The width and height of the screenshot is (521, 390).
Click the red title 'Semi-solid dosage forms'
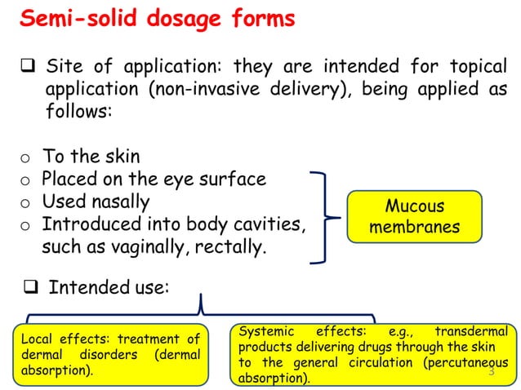157,20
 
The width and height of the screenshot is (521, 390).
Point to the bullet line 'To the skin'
91,157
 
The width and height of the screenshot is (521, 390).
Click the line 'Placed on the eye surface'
154,178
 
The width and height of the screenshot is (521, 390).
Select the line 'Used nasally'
96,200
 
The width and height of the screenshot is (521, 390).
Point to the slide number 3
492,372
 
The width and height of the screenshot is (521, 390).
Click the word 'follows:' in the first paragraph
78,112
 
